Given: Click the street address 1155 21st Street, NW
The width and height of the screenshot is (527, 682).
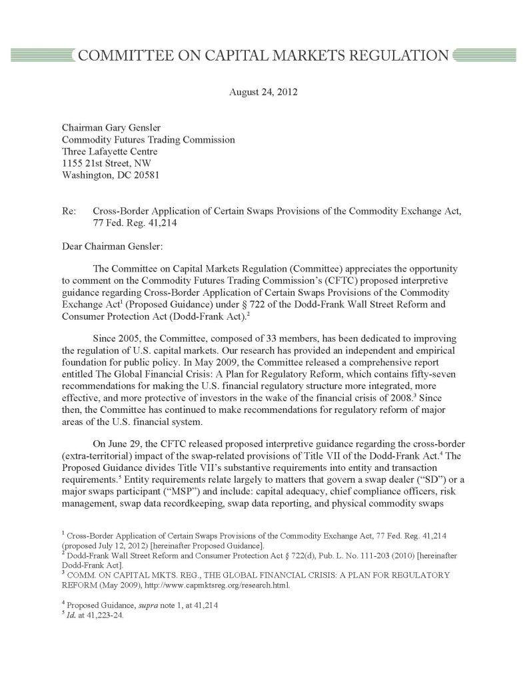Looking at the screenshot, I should point(106,164).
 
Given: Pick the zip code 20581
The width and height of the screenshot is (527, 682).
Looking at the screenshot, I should point(145,176).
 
